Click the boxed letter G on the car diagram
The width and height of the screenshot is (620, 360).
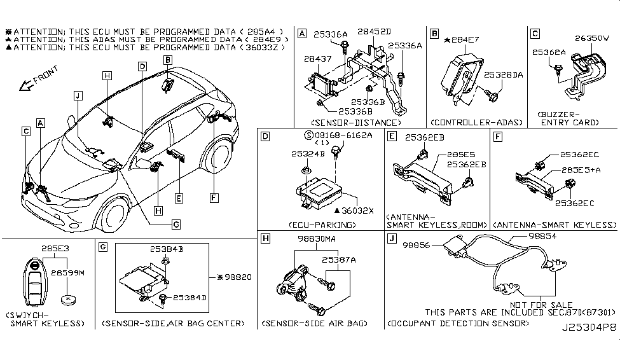pyautogui.click(x=176, y=223)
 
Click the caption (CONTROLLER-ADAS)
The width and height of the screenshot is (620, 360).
pyautogui.click(x=467, y=122)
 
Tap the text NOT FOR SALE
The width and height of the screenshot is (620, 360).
pyautogui.click(x=545, y=305)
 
